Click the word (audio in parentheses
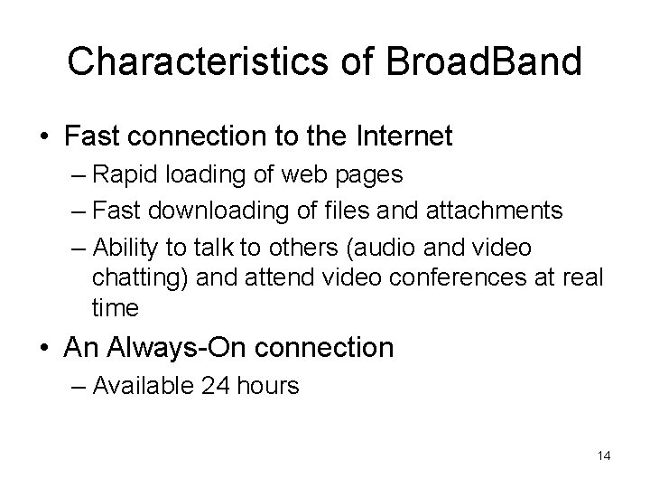(x=378, y=248)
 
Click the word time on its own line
(x=115, y=307)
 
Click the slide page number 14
(x=603, y=455)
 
